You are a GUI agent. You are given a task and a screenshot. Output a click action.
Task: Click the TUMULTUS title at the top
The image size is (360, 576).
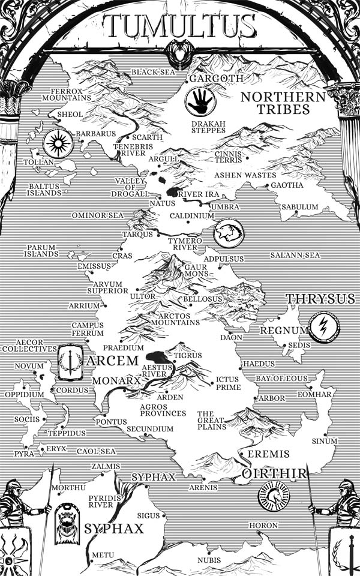pyautogui.click(x=180, y=26)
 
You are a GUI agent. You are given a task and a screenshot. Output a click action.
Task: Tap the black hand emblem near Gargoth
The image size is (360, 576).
pyautogui.click(x=200, y=101)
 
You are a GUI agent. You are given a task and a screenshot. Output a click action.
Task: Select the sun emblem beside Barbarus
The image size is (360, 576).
pyautogui.click(x=58, y=143)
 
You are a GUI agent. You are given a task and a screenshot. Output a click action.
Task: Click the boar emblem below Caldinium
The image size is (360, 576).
pyautogui.click(x=229, y=233)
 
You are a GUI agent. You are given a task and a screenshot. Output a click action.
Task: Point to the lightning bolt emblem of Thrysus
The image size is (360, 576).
pyautogui.click(x=324, y=328)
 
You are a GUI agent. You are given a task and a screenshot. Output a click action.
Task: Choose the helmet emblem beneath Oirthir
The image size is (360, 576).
pyautogui.click(x=274, y=496)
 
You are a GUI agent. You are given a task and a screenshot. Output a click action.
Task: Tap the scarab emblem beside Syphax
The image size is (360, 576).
pyautogui.click(x=67, y=523)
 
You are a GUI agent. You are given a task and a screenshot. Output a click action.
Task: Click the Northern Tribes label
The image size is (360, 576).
pyautogui.click(x=283, y=103)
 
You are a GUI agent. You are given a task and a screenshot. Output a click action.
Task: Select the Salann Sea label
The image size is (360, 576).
pyautogui.click(x=295, y=255)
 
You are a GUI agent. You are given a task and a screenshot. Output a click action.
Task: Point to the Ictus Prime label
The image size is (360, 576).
pyautogui.click(x=228, y=383)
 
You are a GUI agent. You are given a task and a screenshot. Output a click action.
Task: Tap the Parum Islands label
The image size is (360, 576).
pyautogui.click(x=41, y=250)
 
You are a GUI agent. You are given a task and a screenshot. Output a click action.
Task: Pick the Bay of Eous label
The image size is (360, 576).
pyautogui.click(x=281, y=379)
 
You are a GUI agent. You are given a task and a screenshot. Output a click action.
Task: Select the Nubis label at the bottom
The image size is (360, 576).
pyautogui.click(x=209, y=560)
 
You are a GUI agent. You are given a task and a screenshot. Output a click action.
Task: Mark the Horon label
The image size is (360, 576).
pyautogui.click(x=263, y=526)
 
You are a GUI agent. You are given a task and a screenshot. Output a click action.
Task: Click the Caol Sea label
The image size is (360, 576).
pyautogui.click(x=96, y=451)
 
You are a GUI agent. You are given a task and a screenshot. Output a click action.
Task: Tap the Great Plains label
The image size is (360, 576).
pyautogui.click(x=212, y=420)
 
